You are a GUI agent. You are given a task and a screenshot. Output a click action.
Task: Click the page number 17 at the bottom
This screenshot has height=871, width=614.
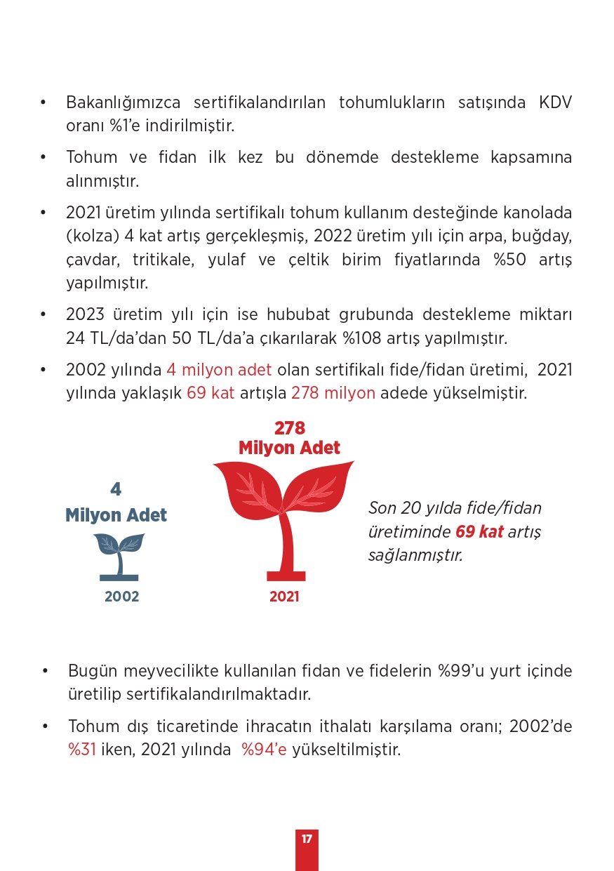point(307,839)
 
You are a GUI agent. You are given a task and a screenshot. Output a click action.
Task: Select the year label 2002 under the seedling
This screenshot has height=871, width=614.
point(122,597)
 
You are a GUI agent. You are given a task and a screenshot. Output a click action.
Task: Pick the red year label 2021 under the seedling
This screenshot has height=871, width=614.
point(284,597)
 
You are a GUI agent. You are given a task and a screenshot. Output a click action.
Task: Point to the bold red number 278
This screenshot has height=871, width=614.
point(289,428)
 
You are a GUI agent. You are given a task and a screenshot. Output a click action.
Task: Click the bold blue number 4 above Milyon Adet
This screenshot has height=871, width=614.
point(116,490)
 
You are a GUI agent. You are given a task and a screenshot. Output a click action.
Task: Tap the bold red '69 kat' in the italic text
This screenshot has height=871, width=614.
point(479,531)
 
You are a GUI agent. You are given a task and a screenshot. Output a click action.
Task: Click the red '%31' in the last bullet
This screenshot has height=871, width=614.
point(81,750)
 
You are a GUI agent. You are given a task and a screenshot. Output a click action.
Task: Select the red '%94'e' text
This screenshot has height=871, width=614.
point(264,750)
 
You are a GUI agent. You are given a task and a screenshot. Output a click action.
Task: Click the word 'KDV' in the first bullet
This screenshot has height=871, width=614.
point(555,102)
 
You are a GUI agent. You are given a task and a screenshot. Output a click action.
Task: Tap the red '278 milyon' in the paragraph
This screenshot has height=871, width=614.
point(333,393)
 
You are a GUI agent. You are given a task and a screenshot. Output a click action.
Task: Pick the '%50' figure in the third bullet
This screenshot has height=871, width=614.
point(511,260)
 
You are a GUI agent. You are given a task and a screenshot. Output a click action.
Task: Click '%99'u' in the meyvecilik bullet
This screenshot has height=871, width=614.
point(464,671)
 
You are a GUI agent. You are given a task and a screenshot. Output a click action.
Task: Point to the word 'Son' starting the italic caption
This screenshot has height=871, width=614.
point(382,508)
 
